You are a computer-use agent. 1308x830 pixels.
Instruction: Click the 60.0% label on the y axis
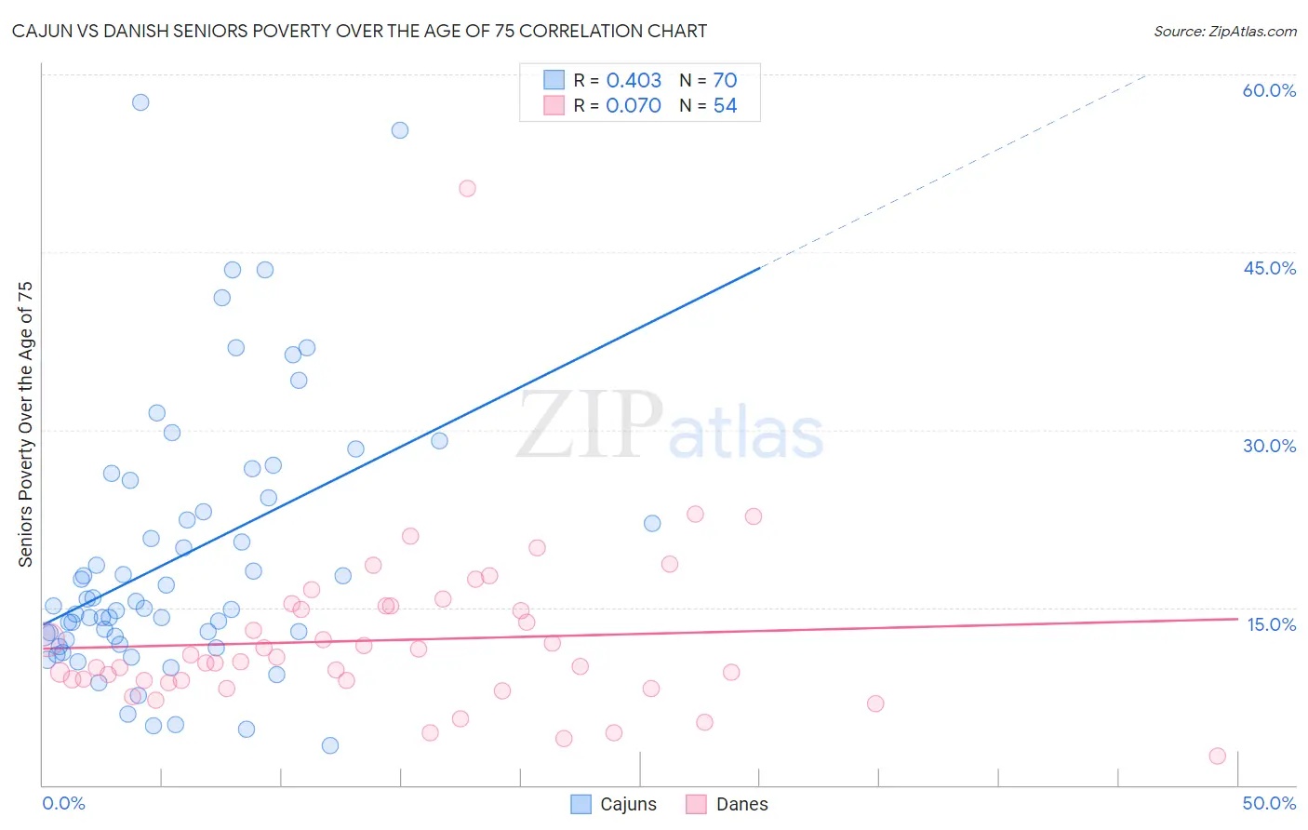(1269, 90)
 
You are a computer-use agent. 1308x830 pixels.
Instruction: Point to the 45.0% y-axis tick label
(1269, 268)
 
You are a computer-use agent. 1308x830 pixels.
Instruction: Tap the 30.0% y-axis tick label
(1269, 446)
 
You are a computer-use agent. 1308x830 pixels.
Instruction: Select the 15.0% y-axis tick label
(1271, 624)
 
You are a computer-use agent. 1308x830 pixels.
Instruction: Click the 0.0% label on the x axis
(63, 803)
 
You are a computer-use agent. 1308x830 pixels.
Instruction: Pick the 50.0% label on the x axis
(1269, 803)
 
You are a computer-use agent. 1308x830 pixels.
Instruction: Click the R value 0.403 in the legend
(634, 81)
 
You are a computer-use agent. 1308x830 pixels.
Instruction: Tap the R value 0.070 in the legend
(634, 106)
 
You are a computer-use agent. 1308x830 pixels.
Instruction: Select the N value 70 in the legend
(725, 81)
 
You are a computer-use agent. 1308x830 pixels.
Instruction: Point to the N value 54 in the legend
(725, 106)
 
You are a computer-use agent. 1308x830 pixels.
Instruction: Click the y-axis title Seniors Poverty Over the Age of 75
(26, 424)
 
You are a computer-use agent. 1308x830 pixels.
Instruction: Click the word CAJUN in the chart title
(45, 31)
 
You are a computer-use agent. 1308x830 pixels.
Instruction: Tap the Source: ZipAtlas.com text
(1224, 32)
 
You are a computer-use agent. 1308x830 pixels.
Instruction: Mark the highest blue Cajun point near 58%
(140, 102)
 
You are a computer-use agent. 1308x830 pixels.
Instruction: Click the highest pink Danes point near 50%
(467, 188)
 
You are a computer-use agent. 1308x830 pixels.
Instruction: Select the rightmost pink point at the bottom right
(1217, 756)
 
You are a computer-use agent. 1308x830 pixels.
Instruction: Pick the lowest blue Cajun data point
(330, 745)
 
